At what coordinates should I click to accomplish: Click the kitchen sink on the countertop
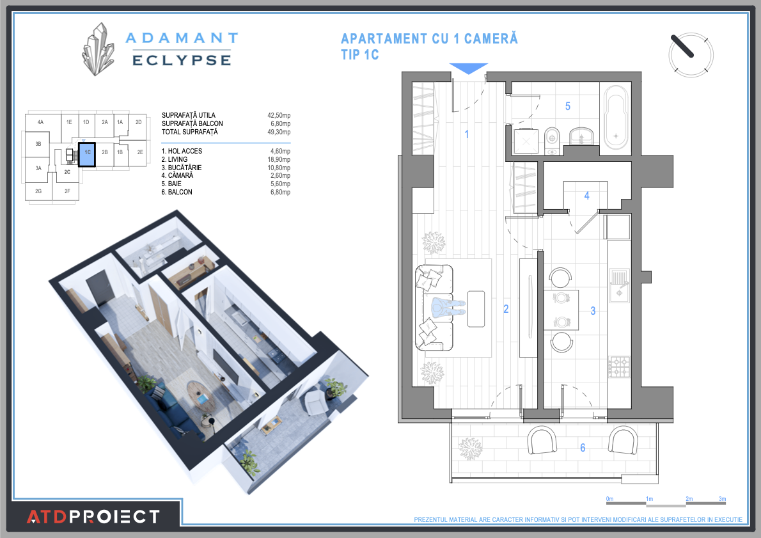618,285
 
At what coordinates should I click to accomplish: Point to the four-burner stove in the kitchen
618,366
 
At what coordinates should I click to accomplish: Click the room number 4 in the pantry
586,196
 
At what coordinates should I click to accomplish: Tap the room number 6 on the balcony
583,448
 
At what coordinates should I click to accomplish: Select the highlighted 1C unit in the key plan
86,154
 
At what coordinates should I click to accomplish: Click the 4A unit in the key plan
40,122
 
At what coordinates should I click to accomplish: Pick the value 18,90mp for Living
280,159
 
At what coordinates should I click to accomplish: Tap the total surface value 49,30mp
279,132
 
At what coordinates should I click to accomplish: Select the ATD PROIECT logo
93,516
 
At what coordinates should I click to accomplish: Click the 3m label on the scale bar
722,499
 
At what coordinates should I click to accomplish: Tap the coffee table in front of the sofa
476,308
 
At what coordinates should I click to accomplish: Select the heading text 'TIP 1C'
360,55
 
